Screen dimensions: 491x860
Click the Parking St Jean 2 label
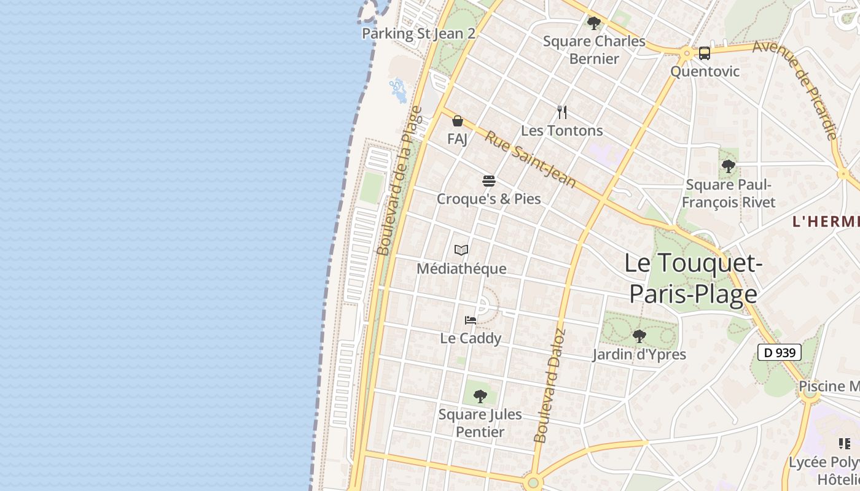pos(418,33)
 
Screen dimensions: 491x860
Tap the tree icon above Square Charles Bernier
pos(593,23)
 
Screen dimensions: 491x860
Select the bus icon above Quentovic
pos(704,53)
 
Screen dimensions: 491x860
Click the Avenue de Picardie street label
pos(796,90)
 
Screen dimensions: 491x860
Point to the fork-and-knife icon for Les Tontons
pos(561,112)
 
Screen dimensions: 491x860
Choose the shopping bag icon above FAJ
pos(457,121)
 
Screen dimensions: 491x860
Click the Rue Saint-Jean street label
pos(530,158)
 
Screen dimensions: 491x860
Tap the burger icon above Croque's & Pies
pos(489,181)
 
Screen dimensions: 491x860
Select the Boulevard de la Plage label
pos(400,181)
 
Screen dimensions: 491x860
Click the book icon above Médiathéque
pos(461,250)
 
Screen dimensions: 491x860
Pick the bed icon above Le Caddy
pos(471,320)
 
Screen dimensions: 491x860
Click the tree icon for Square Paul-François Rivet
pos(729,166)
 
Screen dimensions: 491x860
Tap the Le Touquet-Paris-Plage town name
pos(693,278)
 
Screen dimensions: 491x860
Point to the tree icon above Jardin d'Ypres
pos(639,336)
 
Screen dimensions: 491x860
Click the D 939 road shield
pos(779,352)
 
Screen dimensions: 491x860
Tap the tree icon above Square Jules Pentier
pos(480,396)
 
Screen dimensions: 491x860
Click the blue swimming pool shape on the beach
pos(399,91)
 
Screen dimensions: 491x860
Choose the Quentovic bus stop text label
pos(705,71)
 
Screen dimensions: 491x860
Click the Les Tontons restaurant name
pos(561,131)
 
